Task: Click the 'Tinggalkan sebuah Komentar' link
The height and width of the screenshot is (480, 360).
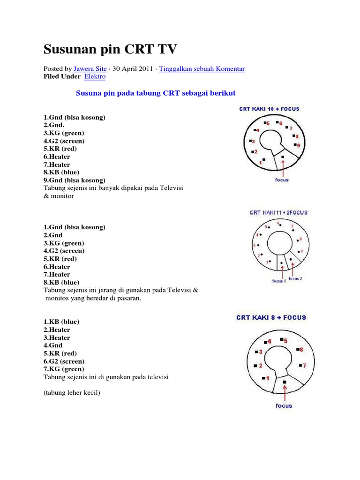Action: point(202,68)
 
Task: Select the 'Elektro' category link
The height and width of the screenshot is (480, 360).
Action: point(95,76)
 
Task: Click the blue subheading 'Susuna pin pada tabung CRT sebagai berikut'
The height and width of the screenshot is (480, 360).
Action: point(156,93)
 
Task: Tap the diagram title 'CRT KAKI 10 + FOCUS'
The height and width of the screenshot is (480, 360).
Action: point(269,109)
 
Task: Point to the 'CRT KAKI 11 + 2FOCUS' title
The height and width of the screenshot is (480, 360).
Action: point(278,212)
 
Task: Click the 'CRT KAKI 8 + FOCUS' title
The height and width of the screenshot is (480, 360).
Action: point(271,317)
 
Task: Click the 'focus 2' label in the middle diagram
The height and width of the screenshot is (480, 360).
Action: point(295,278)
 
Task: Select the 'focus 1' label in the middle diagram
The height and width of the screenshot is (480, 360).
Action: point(278,281)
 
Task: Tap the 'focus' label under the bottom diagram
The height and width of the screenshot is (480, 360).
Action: point(284,405)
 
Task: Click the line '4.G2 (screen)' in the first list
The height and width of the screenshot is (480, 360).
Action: point(64,141)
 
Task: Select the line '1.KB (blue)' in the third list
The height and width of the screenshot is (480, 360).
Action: point(61,322)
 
